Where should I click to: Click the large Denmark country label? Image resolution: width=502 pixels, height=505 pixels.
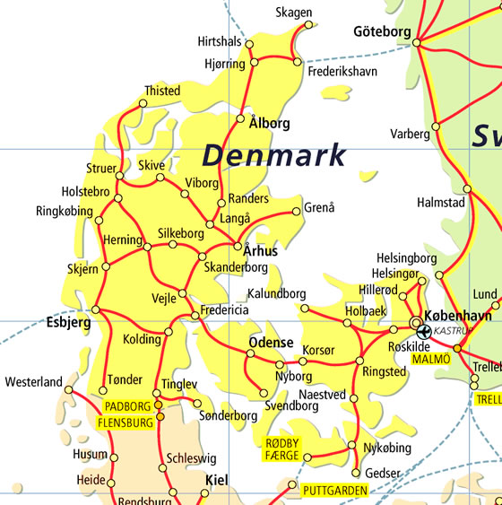273,154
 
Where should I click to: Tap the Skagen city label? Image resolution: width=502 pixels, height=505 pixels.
295,12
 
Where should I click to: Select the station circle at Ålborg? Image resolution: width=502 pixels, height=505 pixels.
240,118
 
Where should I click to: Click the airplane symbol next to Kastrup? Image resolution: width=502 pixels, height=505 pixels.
423,331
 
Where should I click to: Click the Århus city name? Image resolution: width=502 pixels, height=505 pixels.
260,251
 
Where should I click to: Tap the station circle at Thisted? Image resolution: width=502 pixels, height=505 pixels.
143,104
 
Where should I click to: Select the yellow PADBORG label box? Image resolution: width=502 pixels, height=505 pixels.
128,405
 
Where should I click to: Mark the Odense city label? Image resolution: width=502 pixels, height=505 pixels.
270,343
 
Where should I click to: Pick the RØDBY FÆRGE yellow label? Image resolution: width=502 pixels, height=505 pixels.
284,449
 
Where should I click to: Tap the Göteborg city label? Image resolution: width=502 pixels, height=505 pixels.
381,31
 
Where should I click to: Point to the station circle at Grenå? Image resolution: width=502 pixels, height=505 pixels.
298,212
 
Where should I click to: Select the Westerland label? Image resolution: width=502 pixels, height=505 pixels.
33,382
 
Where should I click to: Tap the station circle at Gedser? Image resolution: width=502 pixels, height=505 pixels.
357,473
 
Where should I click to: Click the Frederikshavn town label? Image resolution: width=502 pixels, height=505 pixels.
342,71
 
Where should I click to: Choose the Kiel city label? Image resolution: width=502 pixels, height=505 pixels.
218,481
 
